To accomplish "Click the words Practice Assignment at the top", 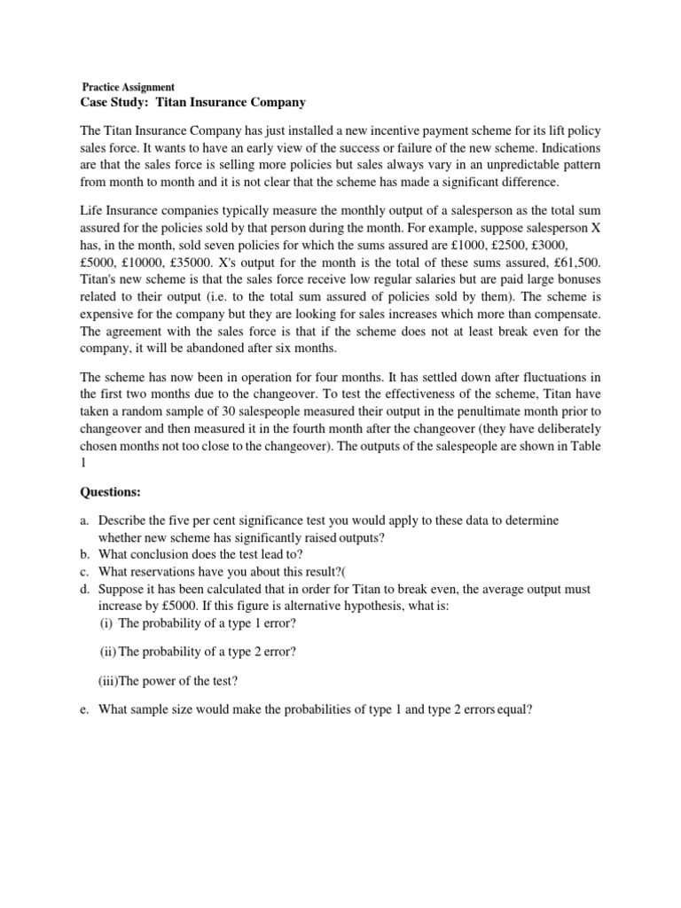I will click(129, 88).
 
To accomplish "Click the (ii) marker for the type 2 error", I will click(106, 652).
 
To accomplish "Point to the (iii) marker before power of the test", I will click(108, 681).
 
